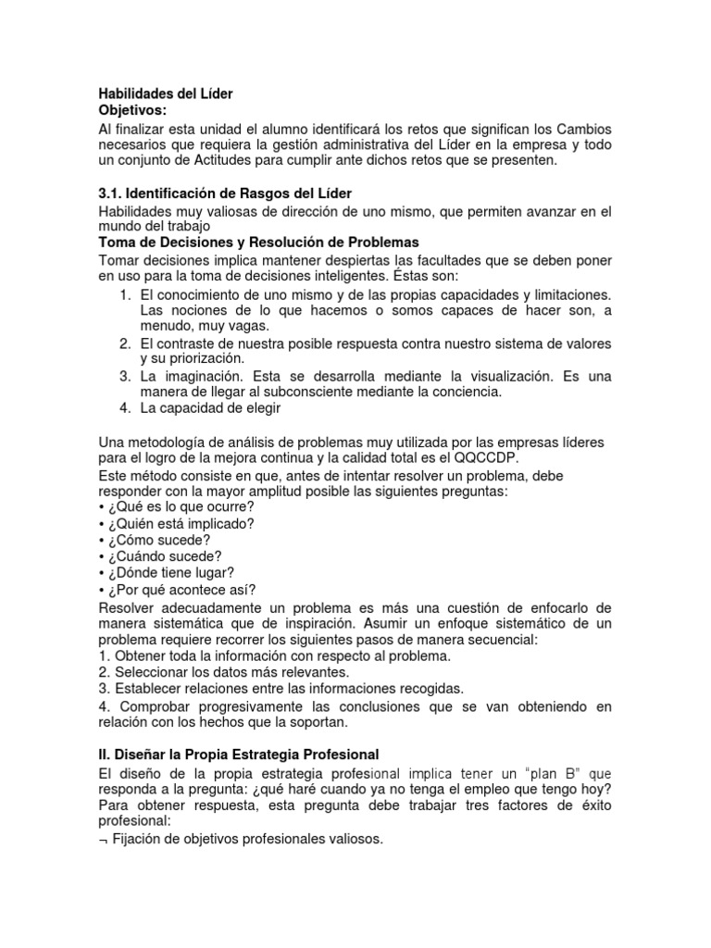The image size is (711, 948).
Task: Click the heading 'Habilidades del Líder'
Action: point(167,94)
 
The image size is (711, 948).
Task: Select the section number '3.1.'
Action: point(112,194)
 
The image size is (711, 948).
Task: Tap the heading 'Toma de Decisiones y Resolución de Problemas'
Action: point(259,242)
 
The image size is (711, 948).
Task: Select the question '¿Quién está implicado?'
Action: point(180,523)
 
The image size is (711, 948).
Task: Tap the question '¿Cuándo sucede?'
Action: point(164,556)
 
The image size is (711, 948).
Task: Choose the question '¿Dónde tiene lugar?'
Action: point(169,573)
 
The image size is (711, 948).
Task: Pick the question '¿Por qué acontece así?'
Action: point(180,590)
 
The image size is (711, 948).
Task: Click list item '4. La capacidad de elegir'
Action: point(199,408)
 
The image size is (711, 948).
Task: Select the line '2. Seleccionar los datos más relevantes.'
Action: point(223,672)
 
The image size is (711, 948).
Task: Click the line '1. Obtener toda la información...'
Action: point(274,655)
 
